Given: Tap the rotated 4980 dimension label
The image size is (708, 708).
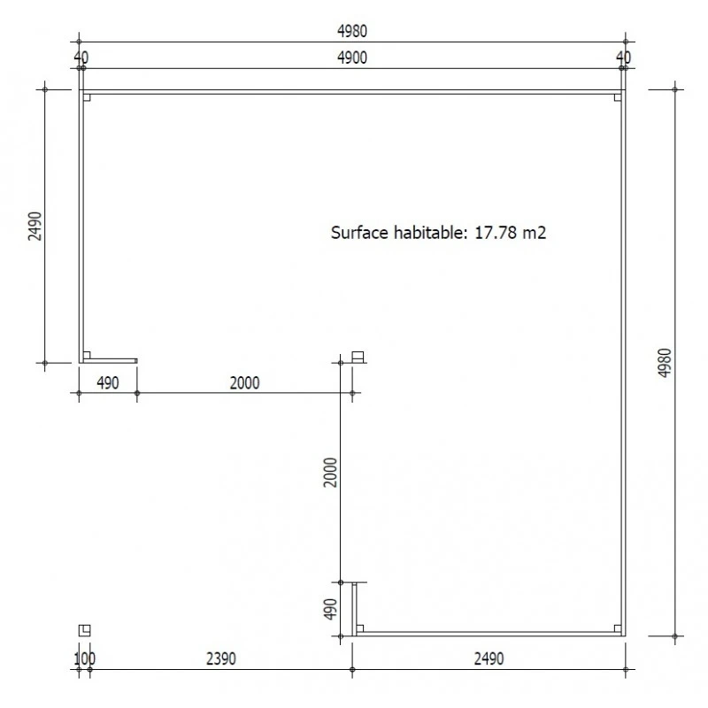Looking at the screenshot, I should point(666,363).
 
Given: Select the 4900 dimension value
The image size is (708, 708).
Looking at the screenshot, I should point(351,58).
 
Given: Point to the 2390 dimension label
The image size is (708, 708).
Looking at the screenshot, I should point(220,658).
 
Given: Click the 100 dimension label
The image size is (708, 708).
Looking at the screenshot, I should point(84,658).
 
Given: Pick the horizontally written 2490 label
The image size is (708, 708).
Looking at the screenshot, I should point(489,658).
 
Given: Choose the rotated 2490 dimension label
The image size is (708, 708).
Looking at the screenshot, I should point(34,226).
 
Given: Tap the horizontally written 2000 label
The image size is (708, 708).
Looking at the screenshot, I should point(244,382).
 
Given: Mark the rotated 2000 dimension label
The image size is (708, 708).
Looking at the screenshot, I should point(330,473).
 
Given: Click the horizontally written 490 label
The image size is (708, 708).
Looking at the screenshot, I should point(107,382).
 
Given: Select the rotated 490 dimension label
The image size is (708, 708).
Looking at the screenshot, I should point(330,610).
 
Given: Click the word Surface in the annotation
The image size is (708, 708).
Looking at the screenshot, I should point(358,234).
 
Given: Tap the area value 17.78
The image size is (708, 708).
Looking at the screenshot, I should point(493,234).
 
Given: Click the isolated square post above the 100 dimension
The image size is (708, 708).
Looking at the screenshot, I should point(84,630).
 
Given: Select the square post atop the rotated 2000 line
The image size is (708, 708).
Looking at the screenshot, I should point(358,357).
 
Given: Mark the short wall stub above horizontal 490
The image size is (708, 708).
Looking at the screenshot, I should point(110,360).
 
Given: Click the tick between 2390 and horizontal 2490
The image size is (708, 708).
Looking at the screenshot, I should point(352,670).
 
